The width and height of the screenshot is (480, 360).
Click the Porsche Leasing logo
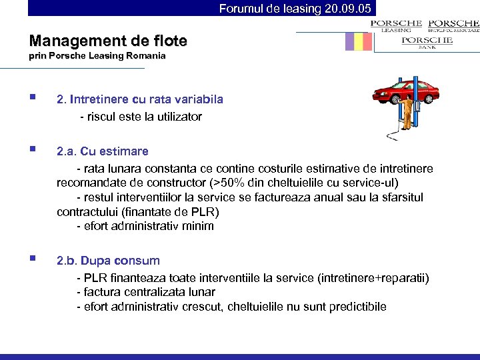tap(397, 25)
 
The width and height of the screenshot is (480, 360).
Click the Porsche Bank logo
tap(427, 43)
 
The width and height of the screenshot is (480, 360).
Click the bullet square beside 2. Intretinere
tap(33, 99)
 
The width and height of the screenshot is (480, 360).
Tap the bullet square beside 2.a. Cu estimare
tap(33, 151)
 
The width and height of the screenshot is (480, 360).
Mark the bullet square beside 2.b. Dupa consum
tap(33, 260)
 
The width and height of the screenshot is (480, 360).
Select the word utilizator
tap(177, 117)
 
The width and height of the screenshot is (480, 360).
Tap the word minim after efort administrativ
tap(199, 226)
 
